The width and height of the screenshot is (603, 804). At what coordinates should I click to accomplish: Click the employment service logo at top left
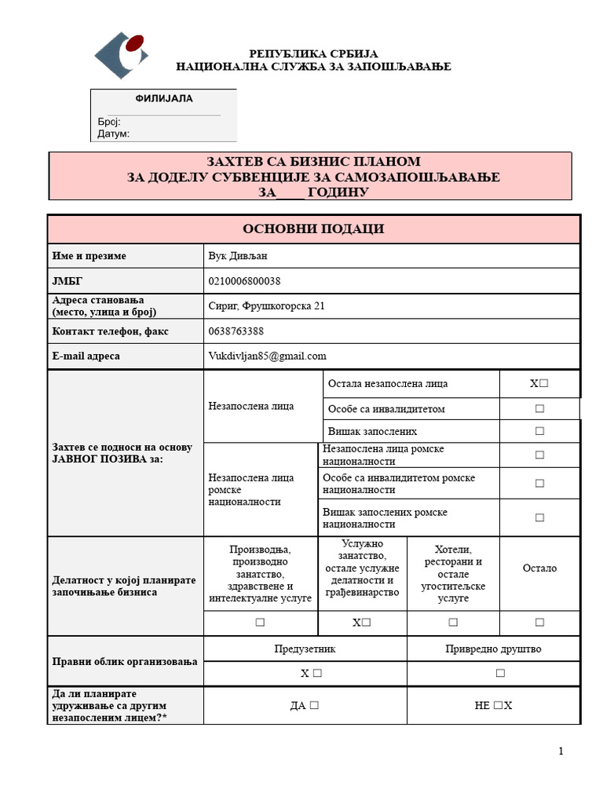coord(122,54)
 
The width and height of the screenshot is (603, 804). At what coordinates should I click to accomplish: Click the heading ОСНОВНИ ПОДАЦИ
coord(313,228)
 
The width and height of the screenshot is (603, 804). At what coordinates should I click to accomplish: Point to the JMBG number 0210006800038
coord(245,281)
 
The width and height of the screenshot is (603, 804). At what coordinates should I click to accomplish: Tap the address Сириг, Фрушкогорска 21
coord(266,305)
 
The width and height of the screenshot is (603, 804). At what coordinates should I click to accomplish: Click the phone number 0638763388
coord(236,331)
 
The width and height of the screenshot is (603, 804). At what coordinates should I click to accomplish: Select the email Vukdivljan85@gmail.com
coord(267,356)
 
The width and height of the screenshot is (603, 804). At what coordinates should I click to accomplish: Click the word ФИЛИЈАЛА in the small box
coord(164,99)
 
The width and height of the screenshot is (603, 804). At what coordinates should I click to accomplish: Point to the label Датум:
coord(114,133)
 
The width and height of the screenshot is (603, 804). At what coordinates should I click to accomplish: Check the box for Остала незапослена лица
coord(543,384)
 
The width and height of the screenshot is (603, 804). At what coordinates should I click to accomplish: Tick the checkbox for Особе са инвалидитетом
coord(539,409)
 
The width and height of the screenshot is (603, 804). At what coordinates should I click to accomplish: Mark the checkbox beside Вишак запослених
coord(539,431)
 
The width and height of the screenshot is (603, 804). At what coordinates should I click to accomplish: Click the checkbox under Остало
coord(539,622)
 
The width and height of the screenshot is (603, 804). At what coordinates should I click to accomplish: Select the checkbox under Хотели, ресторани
coord(453,622)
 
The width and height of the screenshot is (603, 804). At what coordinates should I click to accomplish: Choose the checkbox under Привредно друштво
coord(500,673)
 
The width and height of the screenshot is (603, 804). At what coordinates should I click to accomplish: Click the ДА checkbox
coord(314,705)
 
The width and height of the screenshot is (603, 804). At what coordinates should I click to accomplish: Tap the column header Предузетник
coord(305,649)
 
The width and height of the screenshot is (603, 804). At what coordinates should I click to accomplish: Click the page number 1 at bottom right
coord(561,751)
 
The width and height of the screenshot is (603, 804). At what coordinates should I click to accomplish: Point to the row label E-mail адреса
coord(86,356)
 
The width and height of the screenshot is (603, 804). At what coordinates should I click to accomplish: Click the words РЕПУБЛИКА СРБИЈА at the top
coord(313,54)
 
